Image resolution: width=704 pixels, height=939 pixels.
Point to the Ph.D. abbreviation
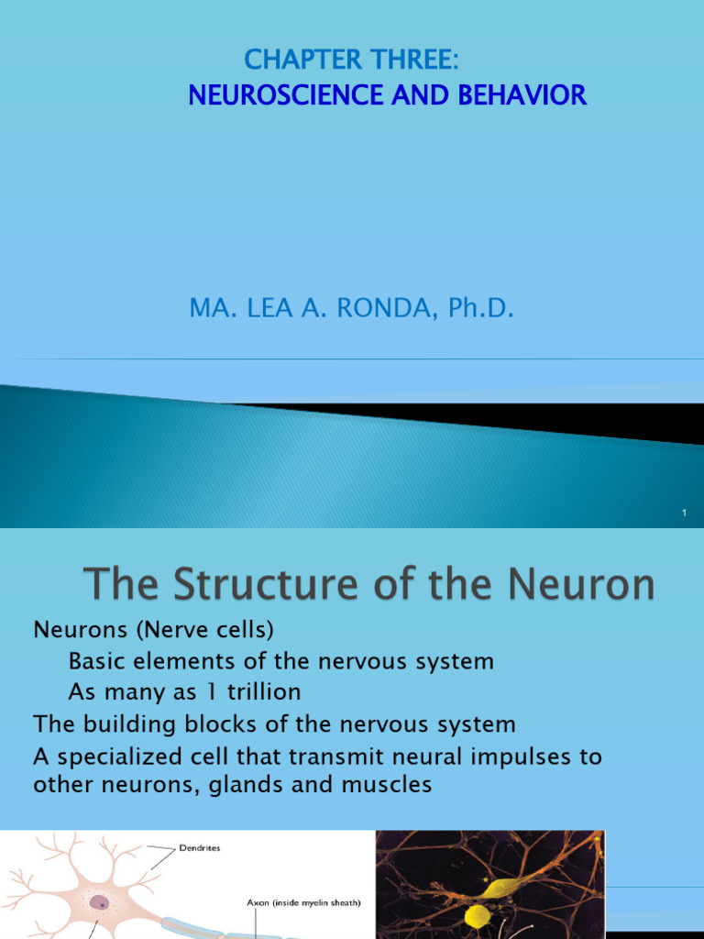click(477, 309)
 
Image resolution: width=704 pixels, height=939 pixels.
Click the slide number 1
click(684, 513)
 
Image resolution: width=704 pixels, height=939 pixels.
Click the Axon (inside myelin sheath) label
click(303, 902)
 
